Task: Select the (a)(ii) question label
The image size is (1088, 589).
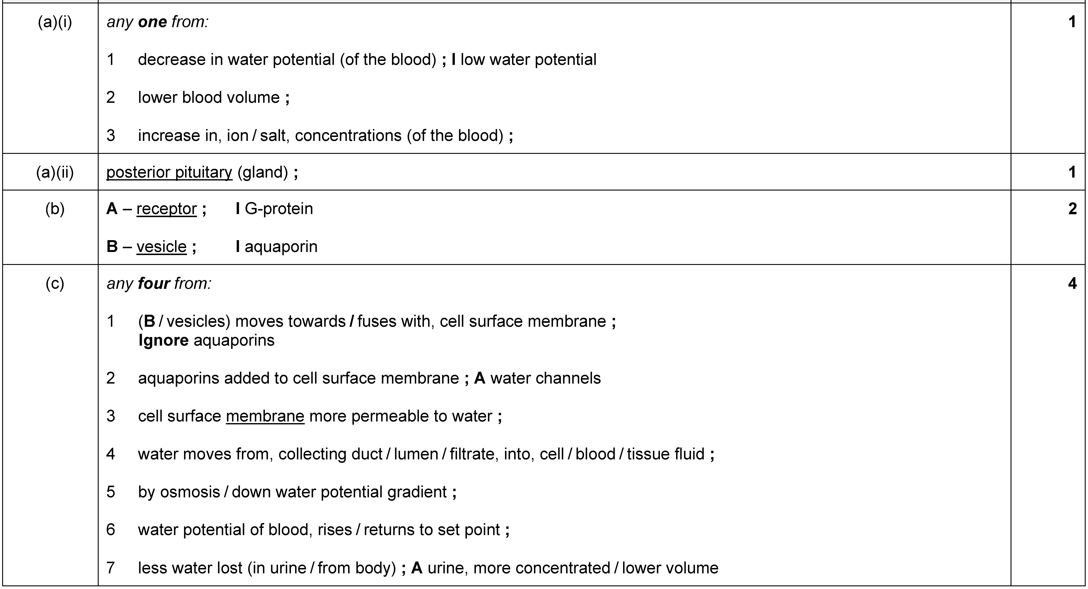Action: pos(55,172)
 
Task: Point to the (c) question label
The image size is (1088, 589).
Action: pos(55,283)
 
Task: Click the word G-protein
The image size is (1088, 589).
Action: pos(279,209)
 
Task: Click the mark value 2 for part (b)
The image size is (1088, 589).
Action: pos(1072,209)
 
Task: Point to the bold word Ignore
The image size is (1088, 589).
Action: pos(164,340)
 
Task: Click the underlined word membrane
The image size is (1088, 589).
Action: pos(265,416)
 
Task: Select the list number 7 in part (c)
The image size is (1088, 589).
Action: pos(111,568)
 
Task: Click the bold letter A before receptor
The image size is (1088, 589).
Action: pos(112,209)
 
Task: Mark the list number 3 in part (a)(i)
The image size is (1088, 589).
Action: pos(111,136)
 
